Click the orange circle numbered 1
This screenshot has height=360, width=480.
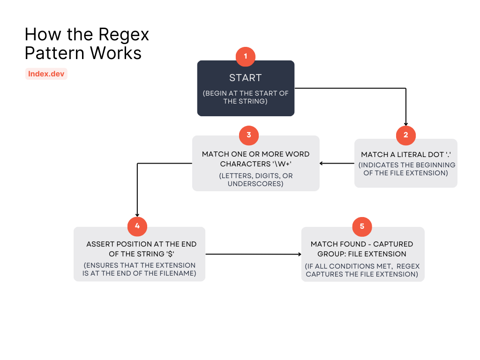[246, 57]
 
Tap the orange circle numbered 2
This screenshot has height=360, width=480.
[405, 135]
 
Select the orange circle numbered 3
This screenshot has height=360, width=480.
[248, 135]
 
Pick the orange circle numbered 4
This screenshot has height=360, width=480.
[137, 226]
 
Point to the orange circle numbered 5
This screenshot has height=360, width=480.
[362, 226]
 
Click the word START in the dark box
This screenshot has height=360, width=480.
[245, 78]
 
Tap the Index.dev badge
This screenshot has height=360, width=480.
[46, 74]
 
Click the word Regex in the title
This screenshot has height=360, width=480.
[125, 35]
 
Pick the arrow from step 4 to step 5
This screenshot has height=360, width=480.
[253, 254]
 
